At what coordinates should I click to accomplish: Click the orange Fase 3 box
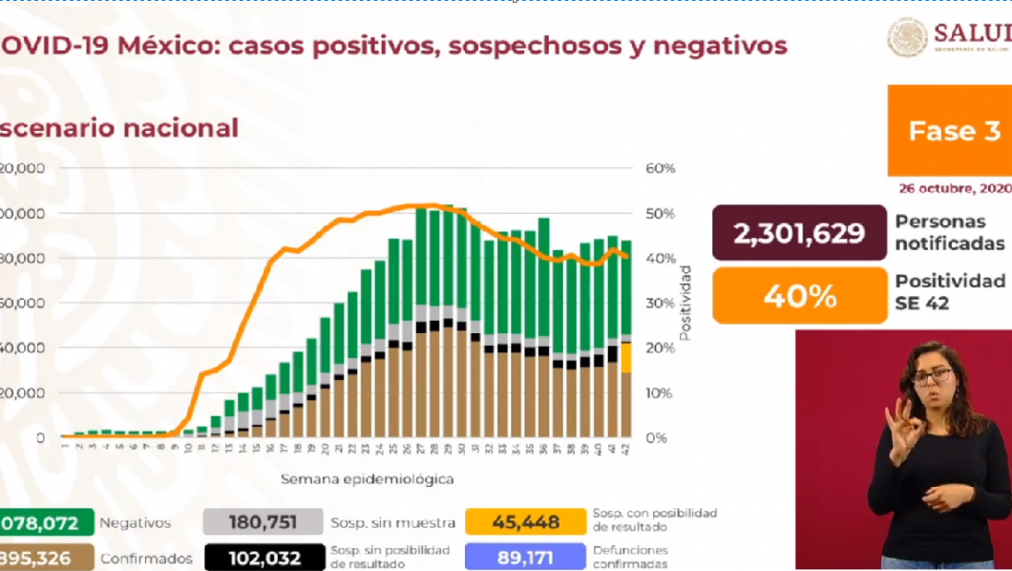pos(949,131)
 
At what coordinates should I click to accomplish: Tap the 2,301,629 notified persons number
pos(798,232)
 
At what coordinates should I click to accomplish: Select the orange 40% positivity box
pos(798,296)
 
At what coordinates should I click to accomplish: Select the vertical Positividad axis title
pos(685,304)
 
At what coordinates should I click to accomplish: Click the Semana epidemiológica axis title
pos(367,478)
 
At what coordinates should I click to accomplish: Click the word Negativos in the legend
pos(136,523)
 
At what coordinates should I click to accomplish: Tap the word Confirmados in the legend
pos(146,559)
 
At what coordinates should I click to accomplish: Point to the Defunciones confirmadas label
pos(630,557)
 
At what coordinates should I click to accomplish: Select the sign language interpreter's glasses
pos(930,376)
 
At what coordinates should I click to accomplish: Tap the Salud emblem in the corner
pos(907,37)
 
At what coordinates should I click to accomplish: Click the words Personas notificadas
pos(949,232)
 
